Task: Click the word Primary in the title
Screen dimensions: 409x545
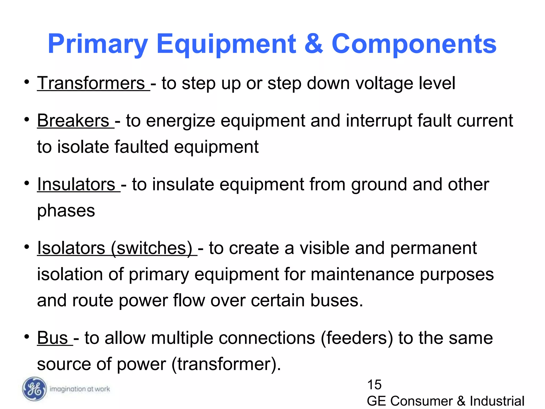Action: [x=97, y=44]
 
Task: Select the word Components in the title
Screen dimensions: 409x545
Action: [x=414, y=44]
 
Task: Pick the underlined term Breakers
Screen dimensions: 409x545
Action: [x=73, y=121]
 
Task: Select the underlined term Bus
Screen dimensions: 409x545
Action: [x=53, y=338]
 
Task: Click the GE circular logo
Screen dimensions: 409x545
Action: [x=34, y=389]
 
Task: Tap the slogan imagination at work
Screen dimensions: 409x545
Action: [x=80, y=389]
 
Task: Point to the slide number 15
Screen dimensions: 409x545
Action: [x=374, y=385]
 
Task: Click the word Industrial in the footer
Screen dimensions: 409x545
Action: [x=497, y=401]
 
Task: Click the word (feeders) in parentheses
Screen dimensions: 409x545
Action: [x=357, y=338]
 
